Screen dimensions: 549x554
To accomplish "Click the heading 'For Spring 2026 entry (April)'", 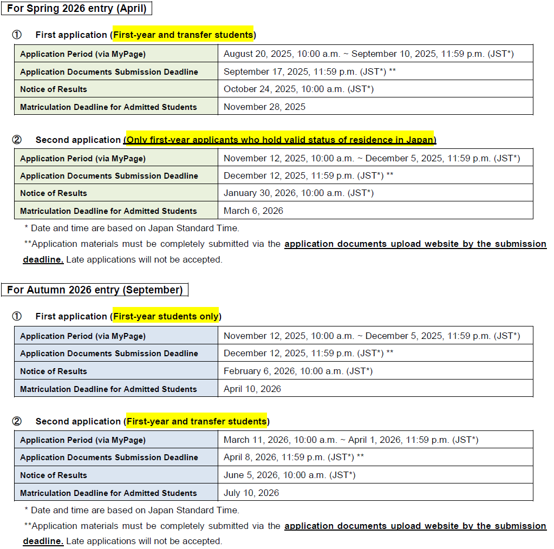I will click(x=76, y=9).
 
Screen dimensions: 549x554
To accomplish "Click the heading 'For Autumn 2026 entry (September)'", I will click(x=95, y=290).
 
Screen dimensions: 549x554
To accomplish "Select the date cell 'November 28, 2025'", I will click(x=264, y=107).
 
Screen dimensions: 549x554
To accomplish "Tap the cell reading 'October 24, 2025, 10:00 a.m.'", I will click(x=298, y=89).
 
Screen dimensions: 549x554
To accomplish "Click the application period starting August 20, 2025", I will click(x=368, y=54).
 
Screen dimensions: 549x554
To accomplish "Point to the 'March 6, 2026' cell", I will click(x=253, y=211).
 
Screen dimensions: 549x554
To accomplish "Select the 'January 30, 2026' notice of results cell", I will click(x=298, y=193).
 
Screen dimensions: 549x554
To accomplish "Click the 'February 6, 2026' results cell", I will click(x=298, y=371).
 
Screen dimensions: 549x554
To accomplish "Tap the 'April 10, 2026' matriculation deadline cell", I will click(x=252, y=389).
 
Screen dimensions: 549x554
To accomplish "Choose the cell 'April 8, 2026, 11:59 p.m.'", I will click(x=294, y=457).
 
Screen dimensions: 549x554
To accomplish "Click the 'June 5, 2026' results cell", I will click(x=289, y=475).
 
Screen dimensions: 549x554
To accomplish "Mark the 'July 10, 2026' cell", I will click(x=251, y=493).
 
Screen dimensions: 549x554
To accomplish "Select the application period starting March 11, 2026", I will click(x=351, y=440).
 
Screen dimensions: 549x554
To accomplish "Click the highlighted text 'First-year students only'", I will click(x=165, y=316).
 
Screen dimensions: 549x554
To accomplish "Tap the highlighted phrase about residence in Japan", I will click(x=280, y=140).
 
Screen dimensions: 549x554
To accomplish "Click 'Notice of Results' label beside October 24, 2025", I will click(x=54, y=89).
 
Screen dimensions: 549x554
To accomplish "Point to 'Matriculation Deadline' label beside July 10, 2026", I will click(x=108, y=493).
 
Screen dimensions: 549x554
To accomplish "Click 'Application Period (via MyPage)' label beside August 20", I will click(x=83, y=54).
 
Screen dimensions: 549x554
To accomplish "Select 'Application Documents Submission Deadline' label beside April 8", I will click(x=109, y=457).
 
